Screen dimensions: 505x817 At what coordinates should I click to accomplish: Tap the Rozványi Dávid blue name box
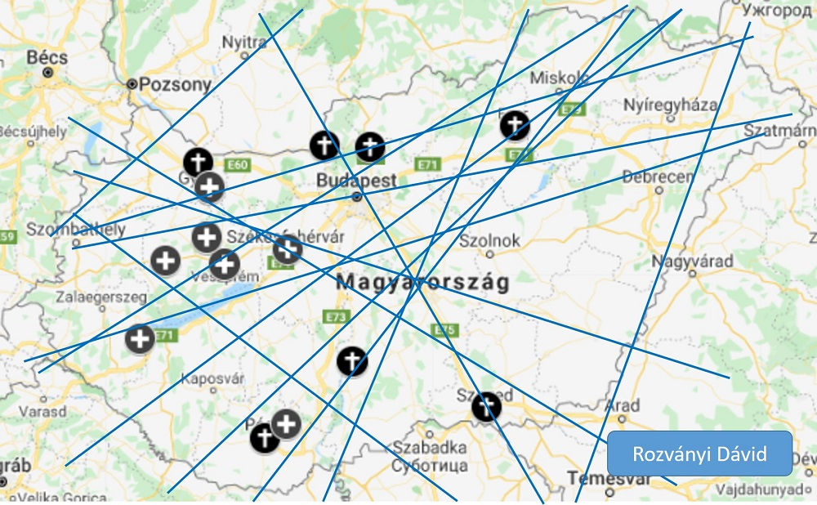(x=699, y=454)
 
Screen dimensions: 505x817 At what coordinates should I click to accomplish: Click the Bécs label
(x=47, y=58)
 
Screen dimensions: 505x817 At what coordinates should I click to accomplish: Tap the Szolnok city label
(x=489, y=241)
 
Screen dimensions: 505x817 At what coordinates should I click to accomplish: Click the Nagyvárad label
(x=692, y=261)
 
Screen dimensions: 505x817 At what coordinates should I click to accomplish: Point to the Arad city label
(x=623, y=406)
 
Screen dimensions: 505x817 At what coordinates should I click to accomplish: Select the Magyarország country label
(x=422, y=283)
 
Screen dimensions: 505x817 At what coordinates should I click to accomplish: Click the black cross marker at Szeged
(x=486, y=407)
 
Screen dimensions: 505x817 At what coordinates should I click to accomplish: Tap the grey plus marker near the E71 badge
(x=140, y=339)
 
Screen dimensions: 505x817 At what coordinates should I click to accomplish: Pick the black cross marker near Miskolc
(x=514, y=125)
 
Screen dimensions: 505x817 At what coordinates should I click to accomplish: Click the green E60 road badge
(x=237, y=166)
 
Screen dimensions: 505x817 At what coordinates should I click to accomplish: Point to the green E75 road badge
(x=445, y=330)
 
